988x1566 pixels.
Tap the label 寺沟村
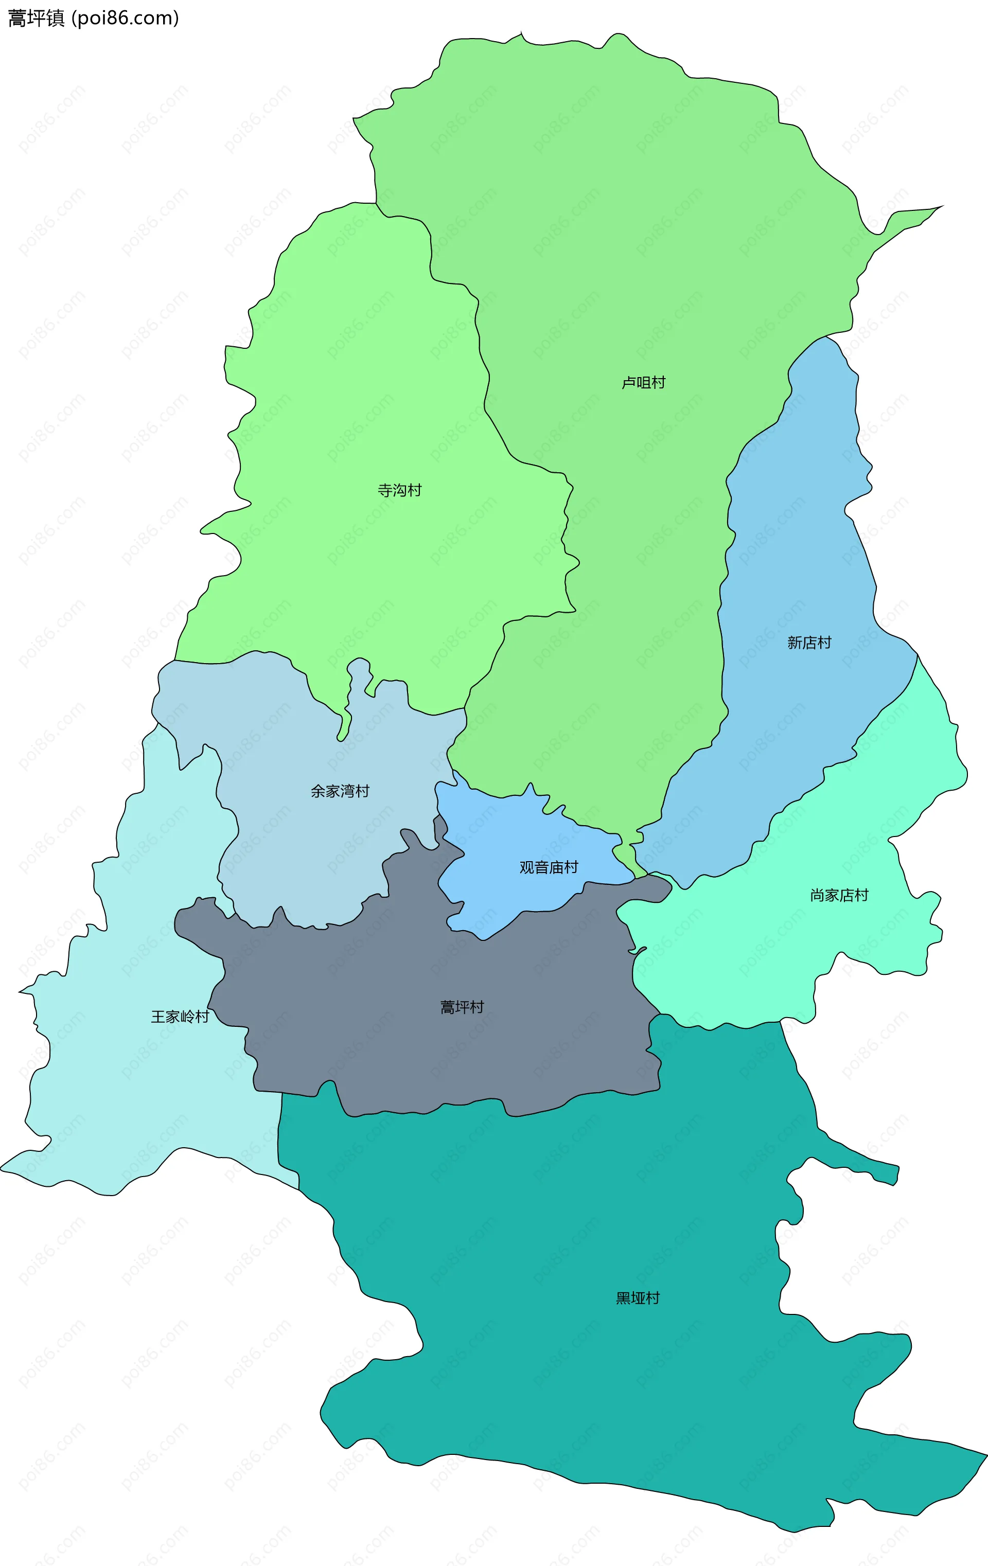click(399, 490)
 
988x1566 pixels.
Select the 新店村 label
click(809, 643)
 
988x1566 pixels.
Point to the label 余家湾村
click(340, 791)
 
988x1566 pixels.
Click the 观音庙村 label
click(549, 867)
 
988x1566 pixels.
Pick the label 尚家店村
click(839, 896)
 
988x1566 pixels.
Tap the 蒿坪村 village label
click(462, 1007)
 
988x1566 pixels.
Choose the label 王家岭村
click(180, 1017)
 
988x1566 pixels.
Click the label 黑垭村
click(638, 1298)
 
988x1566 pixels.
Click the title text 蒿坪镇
click(37, 18)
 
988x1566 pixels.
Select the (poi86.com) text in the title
click(125, 18)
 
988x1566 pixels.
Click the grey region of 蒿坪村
click(390, 1054)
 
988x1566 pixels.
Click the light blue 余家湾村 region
click(293, 845)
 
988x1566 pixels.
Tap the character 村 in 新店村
click(825, 643)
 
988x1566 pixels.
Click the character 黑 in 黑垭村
click(623, 1298)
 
